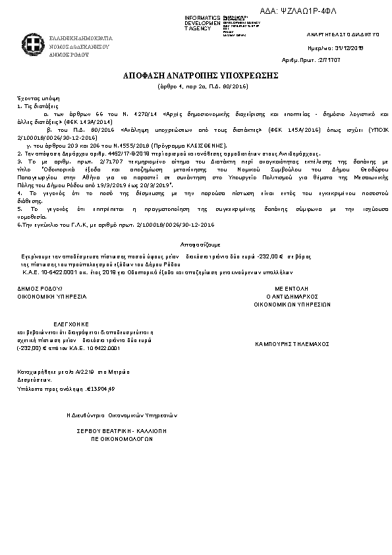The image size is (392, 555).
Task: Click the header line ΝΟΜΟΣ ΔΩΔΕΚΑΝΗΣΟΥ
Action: pos(78,47)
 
